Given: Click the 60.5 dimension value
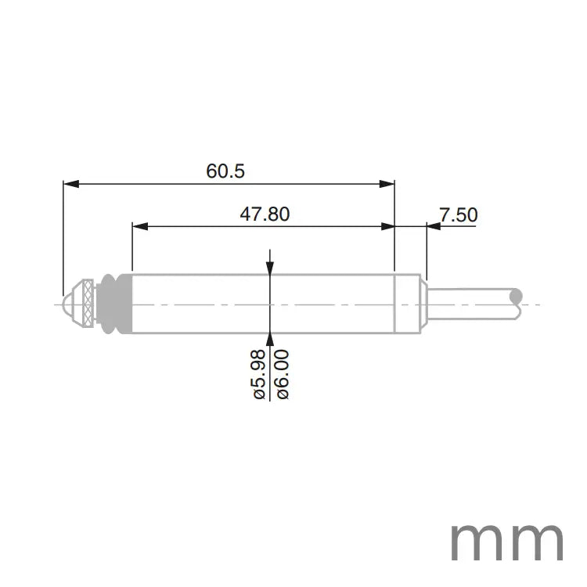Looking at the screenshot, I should point(226,171).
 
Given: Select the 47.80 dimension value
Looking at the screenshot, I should point(265,214).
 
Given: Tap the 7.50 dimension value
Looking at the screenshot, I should point(458,214).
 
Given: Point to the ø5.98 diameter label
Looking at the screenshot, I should point(261,376).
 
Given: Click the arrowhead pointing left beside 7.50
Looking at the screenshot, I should point(434,226).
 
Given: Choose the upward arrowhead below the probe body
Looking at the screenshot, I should point(270,338).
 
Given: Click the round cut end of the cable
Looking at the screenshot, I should point(516,296).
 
